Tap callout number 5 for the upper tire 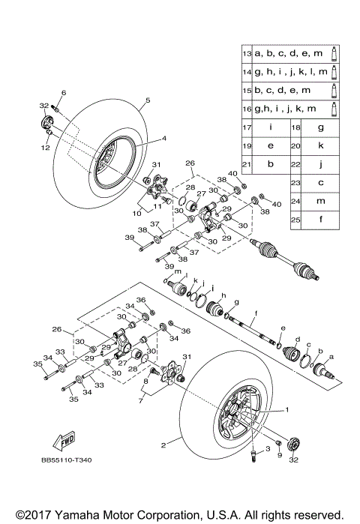148,100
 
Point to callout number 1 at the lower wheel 286,410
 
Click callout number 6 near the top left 64,92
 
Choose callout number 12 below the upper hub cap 46,148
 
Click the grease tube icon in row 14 334,72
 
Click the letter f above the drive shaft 256,313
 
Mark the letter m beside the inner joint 178,271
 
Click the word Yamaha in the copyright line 77,515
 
